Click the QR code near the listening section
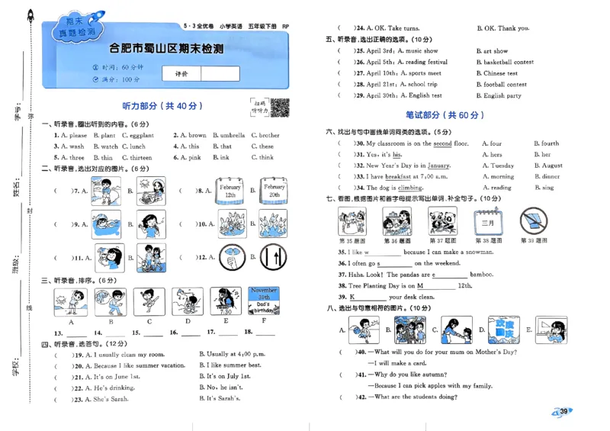click(280, 108)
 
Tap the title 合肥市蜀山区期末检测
click(166, 49)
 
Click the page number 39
click(563, 413)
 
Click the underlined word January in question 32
click(438, 166)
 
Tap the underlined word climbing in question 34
click(409, 188)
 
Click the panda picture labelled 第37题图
click(441, 221)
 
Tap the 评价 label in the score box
click(182, 74)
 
